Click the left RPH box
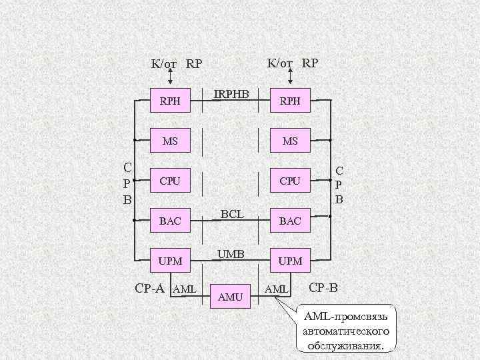[170, 101]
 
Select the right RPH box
[290, 101]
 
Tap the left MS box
[170, 141]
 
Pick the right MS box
[290, 141]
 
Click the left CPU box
[170, 180]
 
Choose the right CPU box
[290, 180]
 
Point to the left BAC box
[170, 221]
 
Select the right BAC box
[290, 221]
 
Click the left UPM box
[170, 260]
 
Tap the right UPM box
[290, 260]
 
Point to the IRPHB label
[231, 95]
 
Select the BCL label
[231, 214]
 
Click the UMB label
[231, 253]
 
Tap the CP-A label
[150, 288]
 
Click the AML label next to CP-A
[183, 289]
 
